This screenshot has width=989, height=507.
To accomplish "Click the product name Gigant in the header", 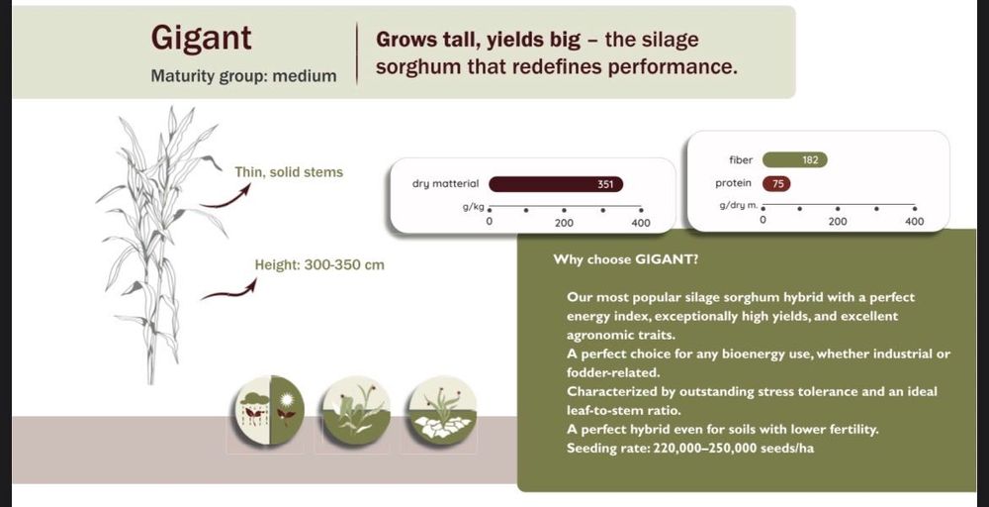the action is coord(201,38).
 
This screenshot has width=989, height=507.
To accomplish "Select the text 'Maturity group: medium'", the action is coord(243,76).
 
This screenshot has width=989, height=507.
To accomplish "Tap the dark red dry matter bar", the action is coord(556,184).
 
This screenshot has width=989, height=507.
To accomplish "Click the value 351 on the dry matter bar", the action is coord(605,184).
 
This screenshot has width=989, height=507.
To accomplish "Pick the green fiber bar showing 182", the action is coord(795,160).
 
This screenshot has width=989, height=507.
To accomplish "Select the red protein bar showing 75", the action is coord(776,184).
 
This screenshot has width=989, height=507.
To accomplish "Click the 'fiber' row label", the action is coord(741,160).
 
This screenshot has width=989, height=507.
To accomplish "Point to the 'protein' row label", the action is coord(734,183).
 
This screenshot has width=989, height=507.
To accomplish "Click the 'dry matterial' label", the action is coord(445,184).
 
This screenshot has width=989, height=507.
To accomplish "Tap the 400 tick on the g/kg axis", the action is coord(641,210).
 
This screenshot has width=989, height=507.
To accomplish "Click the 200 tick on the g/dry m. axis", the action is coord(838,208).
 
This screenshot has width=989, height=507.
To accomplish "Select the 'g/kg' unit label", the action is coord(473,207).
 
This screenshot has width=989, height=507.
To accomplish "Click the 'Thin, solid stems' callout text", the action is coord(289,171).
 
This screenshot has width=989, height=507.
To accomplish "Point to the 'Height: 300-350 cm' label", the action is coord(319,264).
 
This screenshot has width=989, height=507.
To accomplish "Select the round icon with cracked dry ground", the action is coord(442,409).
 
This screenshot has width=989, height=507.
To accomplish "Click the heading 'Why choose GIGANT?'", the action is coord(625,259).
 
